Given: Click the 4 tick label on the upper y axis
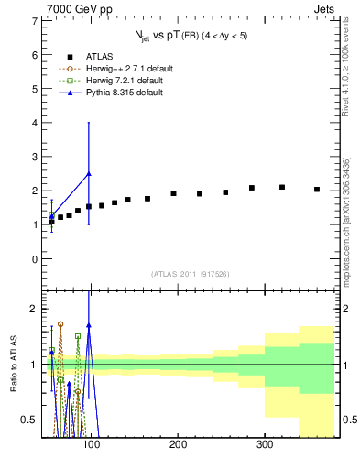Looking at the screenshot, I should point(32,123).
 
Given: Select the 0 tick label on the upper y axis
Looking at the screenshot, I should point(32,259).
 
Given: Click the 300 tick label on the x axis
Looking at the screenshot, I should point(265,445).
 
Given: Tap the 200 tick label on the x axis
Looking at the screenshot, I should point(178,445).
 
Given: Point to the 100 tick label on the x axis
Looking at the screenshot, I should point(91,445).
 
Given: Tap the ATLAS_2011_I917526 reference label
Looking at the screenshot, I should point(190,274).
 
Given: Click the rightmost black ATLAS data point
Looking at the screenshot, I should point(317,190).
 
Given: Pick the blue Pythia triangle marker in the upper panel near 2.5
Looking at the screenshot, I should point(89,173).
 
